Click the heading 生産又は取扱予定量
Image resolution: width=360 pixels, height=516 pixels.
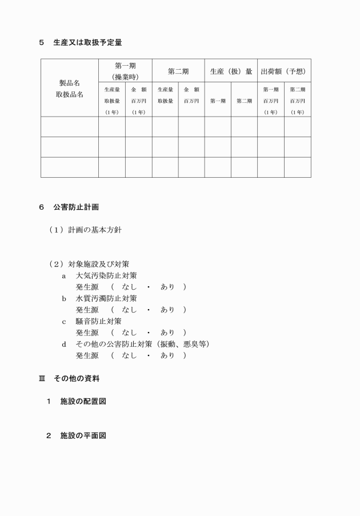tap(87, 42)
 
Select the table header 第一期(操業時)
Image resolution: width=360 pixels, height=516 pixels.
tap(125, 71)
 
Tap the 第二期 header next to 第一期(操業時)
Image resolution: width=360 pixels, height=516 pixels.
tap(178, 71)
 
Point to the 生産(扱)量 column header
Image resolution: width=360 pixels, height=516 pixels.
tap(231, 71)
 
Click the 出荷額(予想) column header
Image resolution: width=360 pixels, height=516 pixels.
tap(284, 71)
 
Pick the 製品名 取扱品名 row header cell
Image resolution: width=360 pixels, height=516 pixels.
tap(70, 89)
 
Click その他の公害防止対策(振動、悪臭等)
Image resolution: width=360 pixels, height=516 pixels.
tap(143, 344)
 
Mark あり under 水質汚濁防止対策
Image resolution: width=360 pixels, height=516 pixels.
tap(167, 310)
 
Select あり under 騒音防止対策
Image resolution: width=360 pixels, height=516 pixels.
tap(167, 333)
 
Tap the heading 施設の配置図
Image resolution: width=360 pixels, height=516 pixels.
tap(83, 401)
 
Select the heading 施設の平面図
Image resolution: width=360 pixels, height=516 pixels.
tap(83, 435)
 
